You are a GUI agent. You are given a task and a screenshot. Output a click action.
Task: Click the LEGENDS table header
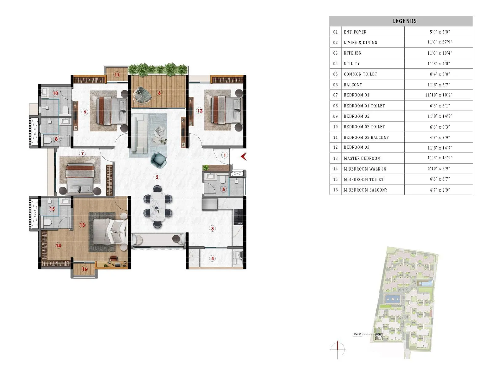tap(404, 21)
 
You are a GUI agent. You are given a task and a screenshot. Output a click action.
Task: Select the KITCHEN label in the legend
tap(352, 53)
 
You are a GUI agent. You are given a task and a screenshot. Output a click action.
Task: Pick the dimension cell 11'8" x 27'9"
tap(439, 42)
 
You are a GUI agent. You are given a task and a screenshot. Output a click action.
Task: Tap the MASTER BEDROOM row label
tap(362, 158)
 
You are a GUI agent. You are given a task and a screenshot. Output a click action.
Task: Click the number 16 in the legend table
tap(335, 190)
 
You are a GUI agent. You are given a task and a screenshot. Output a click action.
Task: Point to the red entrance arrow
tap(244, 156)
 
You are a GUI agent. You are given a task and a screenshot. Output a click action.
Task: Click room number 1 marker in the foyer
tap(224, 155)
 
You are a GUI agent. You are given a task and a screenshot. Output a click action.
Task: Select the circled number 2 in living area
tap(157, 177)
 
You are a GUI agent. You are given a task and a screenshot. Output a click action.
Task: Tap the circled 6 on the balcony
tap(159, 93)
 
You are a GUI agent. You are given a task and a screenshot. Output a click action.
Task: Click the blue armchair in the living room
tap(159, 160)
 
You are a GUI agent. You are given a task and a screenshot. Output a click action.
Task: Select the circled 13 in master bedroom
tap(82, 225)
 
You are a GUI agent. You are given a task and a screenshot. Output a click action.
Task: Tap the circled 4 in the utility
tap(213, 259)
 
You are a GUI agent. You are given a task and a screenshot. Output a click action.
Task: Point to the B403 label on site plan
tap(357, 334)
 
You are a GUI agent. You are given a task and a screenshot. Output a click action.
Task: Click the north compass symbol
tap(338, 349)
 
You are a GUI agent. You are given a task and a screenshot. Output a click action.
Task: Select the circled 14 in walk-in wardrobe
tap(58, 246)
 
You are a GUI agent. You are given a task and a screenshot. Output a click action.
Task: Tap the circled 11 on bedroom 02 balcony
tap(117, 75)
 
